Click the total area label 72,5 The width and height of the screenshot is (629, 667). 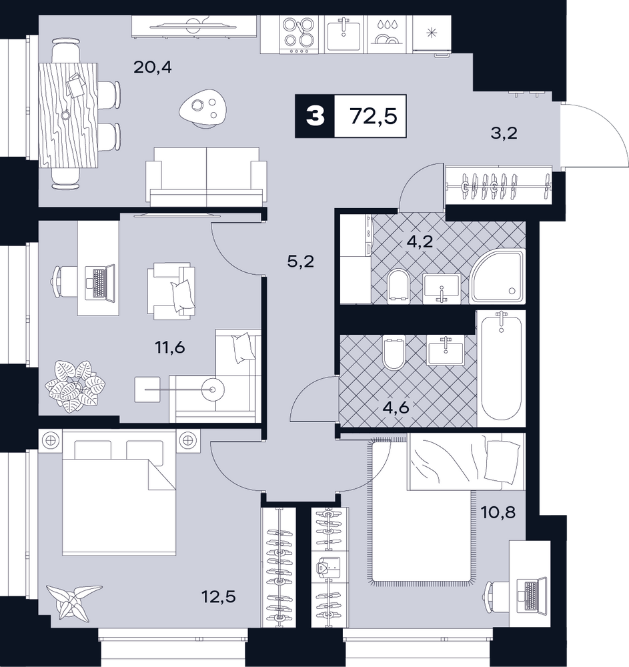[374, 116]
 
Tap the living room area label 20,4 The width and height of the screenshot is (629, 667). [153, 67]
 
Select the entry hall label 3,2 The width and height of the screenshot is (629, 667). [504, 133]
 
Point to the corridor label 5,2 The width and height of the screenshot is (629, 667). [301, 261]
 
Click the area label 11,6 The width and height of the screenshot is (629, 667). [170, 348]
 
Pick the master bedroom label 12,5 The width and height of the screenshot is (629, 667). [219, 597]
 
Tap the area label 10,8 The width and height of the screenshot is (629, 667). [498, 512]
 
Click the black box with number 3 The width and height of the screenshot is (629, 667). [315, 116]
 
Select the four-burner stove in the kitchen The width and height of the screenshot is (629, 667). [299, 35]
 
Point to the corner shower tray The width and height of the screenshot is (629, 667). [497, 277]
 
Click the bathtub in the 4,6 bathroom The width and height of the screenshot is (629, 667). [502, 368]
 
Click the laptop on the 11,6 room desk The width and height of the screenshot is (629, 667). [100, 283]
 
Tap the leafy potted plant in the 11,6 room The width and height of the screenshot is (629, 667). [75, 386]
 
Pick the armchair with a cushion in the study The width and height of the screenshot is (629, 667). [171, 291]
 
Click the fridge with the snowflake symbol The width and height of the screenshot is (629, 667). [432, 34]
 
